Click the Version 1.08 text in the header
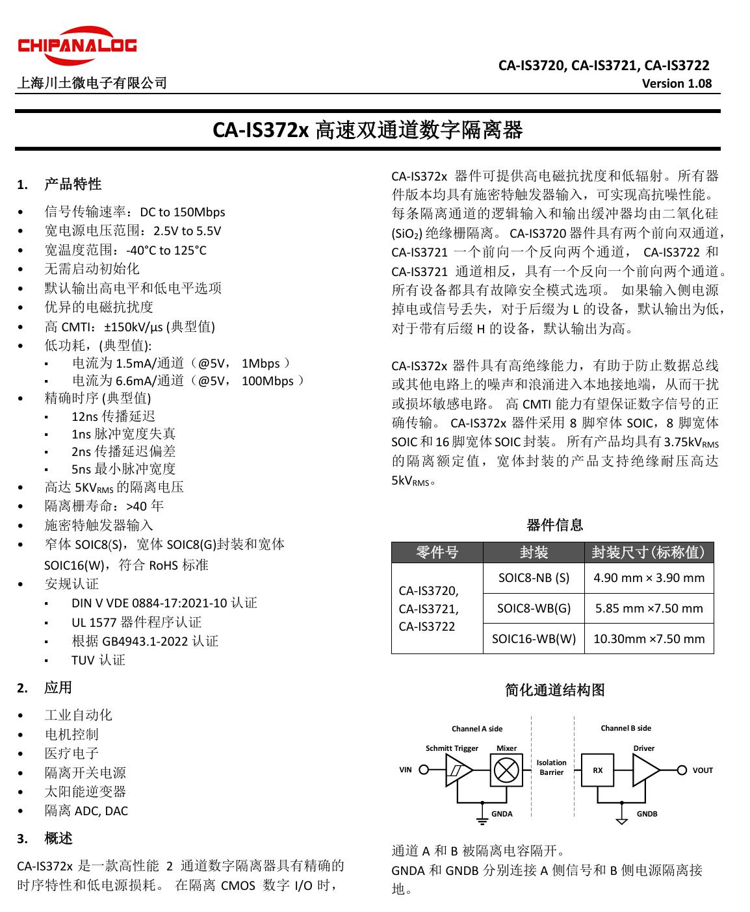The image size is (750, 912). (x=677, y=83)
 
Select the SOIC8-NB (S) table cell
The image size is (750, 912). (x=534, y=578)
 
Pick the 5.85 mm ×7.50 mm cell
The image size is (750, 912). (x=649, y=609)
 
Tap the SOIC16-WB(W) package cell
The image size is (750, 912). (x=534, y=639)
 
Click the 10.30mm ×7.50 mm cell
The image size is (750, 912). (x=649, y=639)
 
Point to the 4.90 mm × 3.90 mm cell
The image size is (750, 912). (x=649, y=578)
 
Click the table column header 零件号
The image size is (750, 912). (x=437, y=552)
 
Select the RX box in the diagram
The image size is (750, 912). (x=598, y=770)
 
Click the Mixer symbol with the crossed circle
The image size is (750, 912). (x=504, y=770)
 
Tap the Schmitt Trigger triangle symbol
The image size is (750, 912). (x=458, y=771)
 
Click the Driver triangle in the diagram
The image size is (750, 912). (x=645, y=770)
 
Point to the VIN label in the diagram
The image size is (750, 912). (x=406, y=770)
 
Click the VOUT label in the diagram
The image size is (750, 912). (x=703, y=770)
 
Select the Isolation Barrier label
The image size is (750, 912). (x=551, y=767)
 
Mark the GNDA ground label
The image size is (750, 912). (x=502, y=814)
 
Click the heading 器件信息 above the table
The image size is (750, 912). (x=554, y=525)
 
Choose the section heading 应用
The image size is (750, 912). (x=58, y=687)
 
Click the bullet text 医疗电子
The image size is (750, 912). (x=71, y=754)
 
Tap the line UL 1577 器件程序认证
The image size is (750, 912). (x=136, y=622)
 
